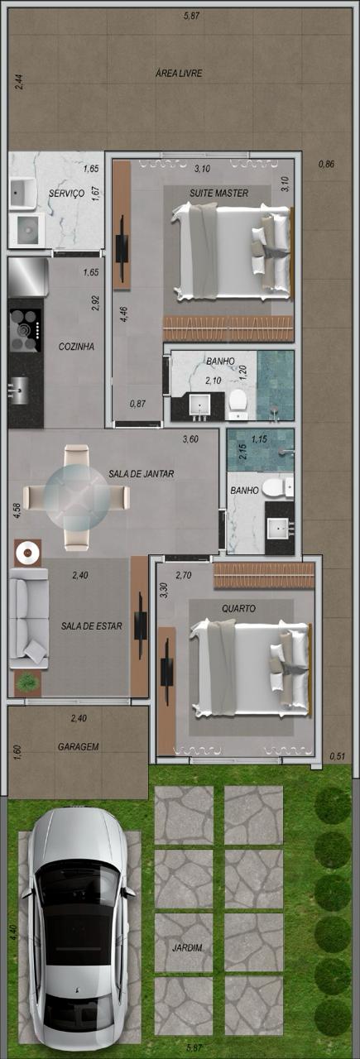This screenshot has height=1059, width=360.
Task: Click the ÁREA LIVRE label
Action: pyautogui.click(x=179, y=74)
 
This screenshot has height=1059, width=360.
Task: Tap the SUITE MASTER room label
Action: pyautogui.click(x=219, y=193)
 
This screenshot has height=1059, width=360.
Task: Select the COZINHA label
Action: pyautogui.click(x=76, y=347)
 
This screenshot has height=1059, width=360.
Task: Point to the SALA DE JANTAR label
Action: pyautogui.click(x=141, y=474)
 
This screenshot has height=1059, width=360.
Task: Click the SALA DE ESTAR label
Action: pyautogui.click(x=91, y=626)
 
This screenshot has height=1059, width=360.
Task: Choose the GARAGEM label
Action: pyautogui.click(x=78, y=746)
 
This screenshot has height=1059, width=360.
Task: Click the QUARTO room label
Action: pyautogui.click(x=238, y=608)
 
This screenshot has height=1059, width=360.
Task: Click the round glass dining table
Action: pyautogui.click(x=76, y=498)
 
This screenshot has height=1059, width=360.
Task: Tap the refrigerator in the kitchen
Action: pyautogui.click(x=28, y=277)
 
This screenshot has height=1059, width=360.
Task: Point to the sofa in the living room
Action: pyautogui.click(x=29, y=618)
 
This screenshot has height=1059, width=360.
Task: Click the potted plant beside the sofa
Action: pyautogui.click(x=27, y=683)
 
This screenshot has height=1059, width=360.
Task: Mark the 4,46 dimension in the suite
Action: pyautogui.click(x=123, y=314)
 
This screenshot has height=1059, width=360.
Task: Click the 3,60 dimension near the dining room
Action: pyautogui.click(x=190, y=439)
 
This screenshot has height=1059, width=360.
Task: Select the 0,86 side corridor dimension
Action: pyautogui.click(x=326, y=164)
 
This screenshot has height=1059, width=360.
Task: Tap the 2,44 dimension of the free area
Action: pyautogui.click(x=18, y=82)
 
